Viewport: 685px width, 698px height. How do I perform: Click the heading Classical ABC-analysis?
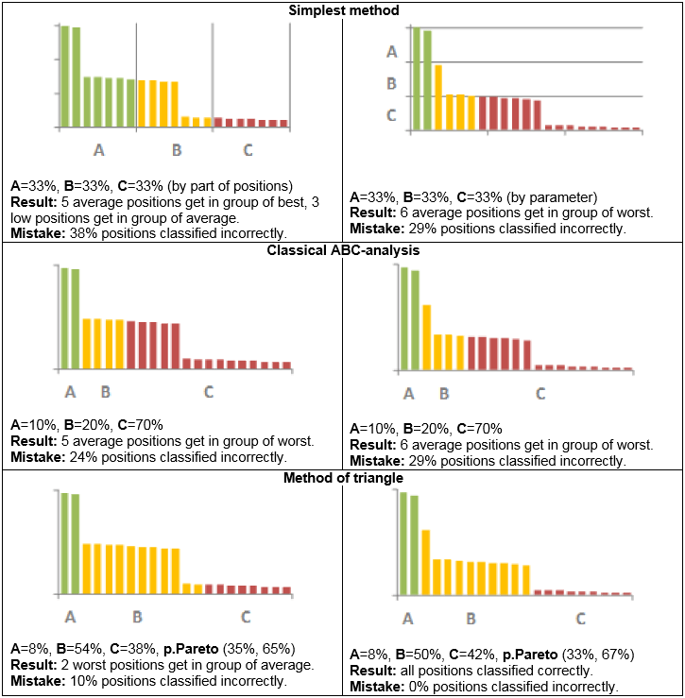tap(341, 250)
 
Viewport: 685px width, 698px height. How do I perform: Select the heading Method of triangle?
tap(341, 478)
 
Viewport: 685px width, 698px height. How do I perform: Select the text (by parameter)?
tap(546, 197)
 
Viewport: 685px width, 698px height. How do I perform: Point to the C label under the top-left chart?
tap(248, 149)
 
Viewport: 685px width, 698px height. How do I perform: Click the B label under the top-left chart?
tap(176, 149)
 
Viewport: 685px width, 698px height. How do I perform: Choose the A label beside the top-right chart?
tap(392, 52)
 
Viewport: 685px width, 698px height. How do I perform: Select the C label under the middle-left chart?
tap(208, 391)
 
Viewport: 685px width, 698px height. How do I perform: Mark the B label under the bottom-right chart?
tap(471, 619)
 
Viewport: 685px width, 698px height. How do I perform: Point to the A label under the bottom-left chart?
tap(70, 617)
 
